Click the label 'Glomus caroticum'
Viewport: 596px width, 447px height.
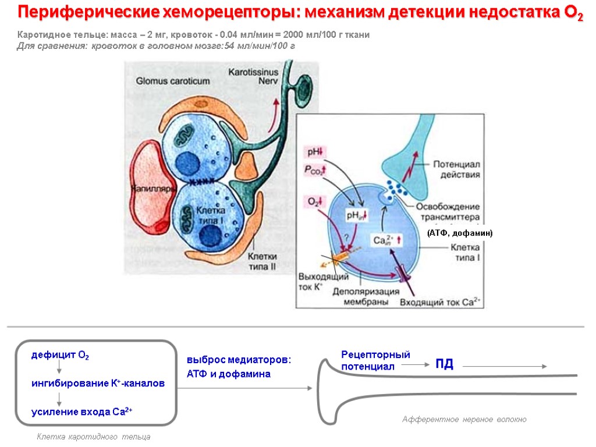pos(168,80)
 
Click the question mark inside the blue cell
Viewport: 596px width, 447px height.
pos(347,237)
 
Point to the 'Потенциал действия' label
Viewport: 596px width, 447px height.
pos(456,169)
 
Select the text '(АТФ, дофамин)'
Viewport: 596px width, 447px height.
pos(459,233)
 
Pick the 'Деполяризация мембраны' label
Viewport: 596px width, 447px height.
pos(366,297)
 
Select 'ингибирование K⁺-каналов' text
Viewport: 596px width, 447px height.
pos(97,384)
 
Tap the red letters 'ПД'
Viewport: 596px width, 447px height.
pos(444,364)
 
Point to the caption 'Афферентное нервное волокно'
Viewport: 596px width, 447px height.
pos(464,420)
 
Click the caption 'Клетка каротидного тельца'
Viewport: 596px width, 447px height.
pos(93,437)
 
